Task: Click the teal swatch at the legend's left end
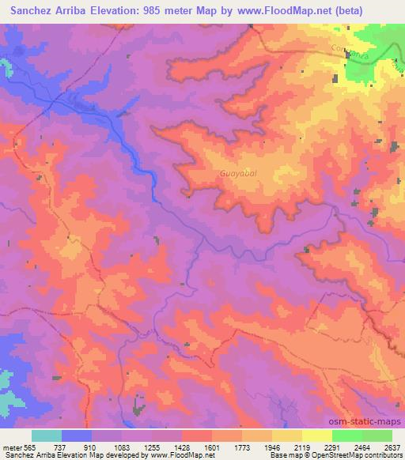point(46,435)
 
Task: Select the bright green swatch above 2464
point(347,435)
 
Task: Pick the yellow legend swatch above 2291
point(317,435)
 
